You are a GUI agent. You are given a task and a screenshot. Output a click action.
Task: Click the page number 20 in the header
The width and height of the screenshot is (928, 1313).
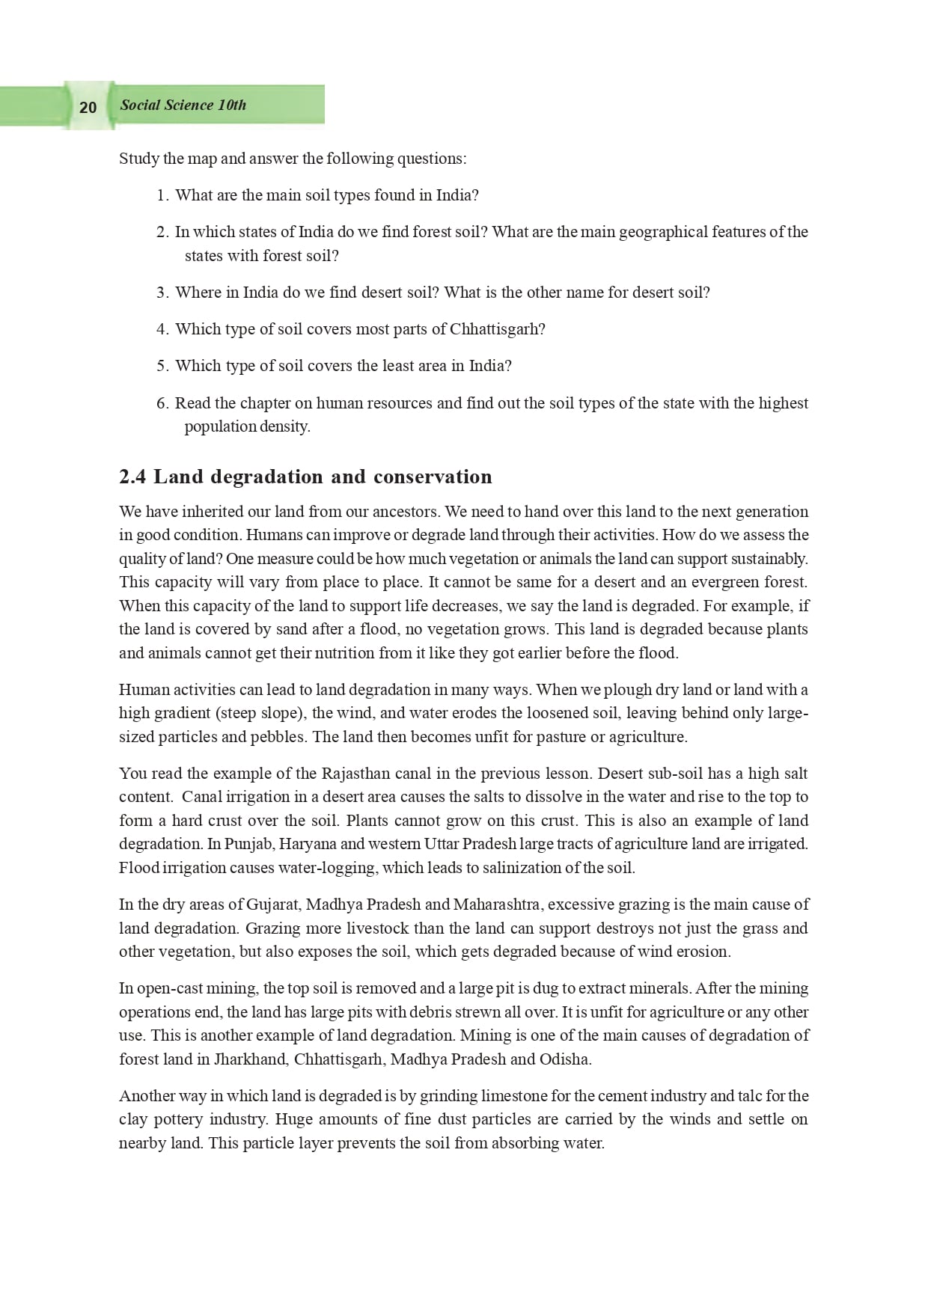point(88,107)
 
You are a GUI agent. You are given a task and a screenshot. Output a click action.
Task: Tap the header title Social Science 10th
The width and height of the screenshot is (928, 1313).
point(183,105)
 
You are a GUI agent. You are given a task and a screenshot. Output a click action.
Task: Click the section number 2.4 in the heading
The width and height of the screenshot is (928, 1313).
point(132,477)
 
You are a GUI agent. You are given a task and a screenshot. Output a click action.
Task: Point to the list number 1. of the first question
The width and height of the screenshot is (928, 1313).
point(162,195)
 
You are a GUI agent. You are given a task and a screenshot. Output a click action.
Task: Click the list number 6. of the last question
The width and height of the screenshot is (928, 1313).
point(162,403)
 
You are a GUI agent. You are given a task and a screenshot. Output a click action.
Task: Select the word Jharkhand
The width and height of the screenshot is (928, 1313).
point(251,1059)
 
